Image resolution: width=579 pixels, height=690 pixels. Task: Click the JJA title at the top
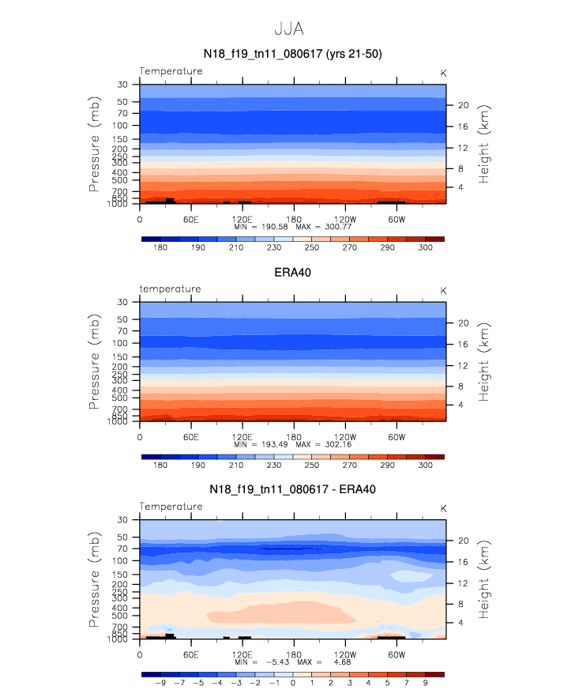tap(289, 29)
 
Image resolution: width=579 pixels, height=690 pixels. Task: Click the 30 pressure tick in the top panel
tap(123, 85)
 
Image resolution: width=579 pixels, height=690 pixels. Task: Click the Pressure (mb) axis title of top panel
tap(95, 164)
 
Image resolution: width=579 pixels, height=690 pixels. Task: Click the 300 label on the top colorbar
tap(425, 247)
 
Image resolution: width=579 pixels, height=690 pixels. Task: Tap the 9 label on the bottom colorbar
tap(425, 683)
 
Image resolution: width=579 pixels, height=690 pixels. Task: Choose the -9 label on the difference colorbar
tap(160, 683)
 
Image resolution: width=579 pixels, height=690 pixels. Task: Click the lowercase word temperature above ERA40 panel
tap(171, 288)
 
